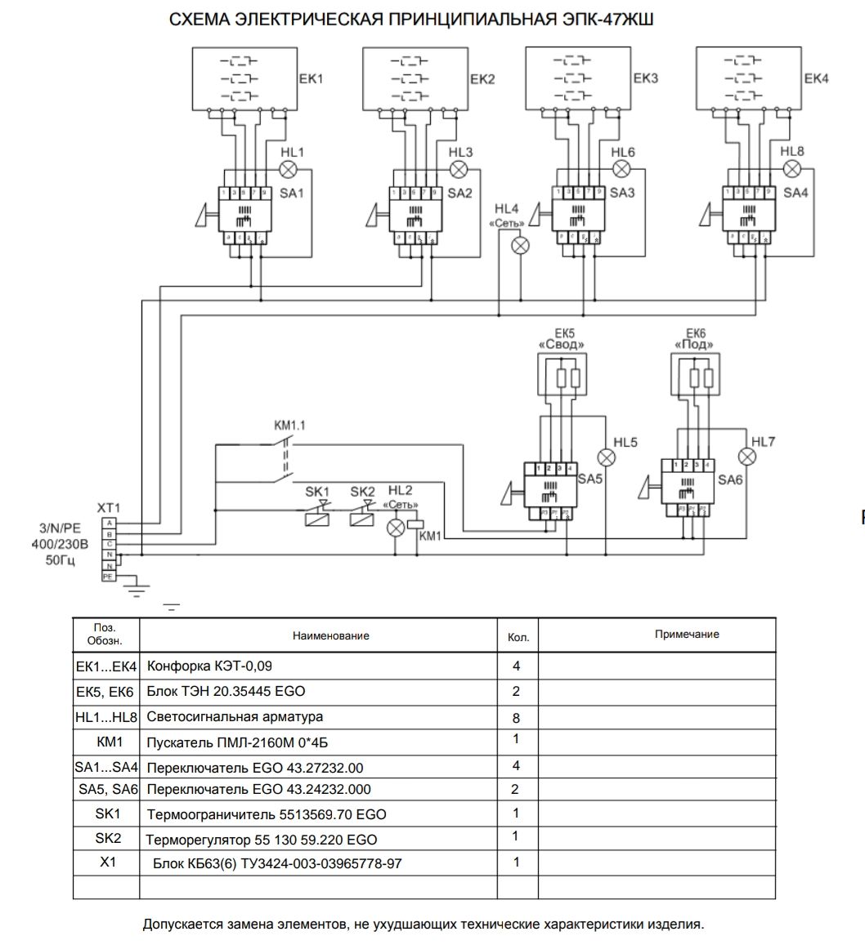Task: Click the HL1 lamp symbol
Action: [289, 170]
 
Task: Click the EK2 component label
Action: [482, 80]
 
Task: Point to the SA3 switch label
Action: [621, 194]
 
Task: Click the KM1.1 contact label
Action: [289, 426]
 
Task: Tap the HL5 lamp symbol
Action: [607, 457]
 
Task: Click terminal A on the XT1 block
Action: [110, 522]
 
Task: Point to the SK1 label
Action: [316, 492]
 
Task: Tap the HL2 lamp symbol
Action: [396, 528]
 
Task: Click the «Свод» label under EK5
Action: [561, 345]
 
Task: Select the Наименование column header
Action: [331, 635]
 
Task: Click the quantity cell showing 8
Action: [516, 719]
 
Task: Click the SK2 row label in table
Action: [107, 838]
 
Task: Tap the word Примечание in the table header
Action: [687, 635]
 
